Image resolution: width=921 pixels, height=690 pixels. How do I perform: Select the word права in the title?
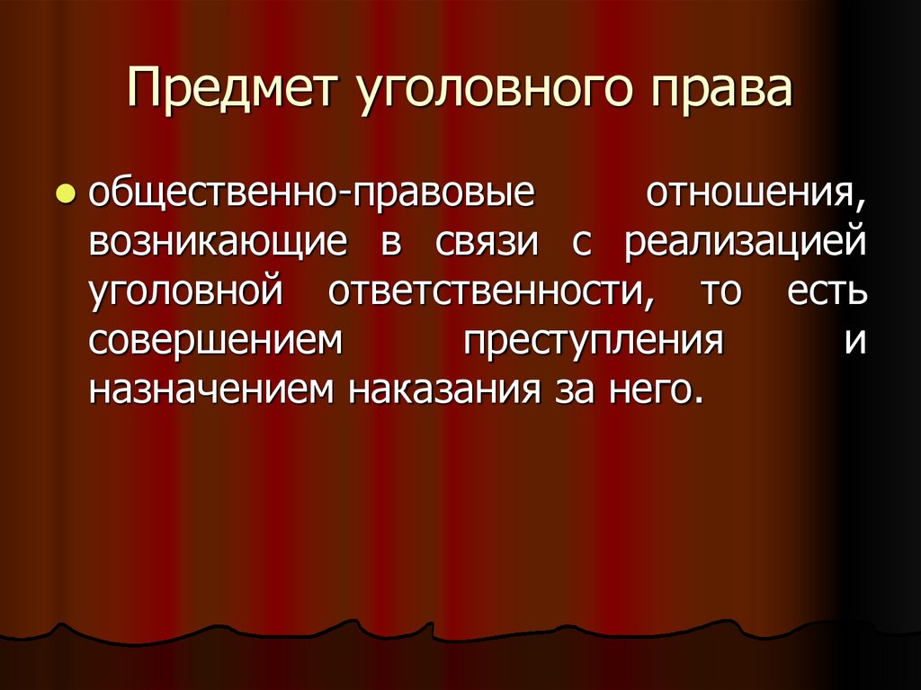[717, 94]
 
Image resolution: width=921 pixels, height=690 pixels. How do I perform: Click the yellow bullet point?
[65, 194]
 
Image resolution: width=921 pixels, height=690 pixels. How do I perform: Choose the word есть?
[827, 294]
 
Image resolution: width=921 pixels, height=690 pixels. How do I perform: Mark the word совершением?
[217, 344]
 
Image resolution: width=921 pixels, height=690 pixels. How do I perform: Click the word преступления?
[595, 345]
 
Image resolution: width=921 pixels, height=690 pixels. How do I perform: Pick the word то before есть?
[717, 294]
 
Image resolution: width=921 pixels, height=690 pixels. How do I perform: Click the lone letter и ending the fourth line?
[854, 344]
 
